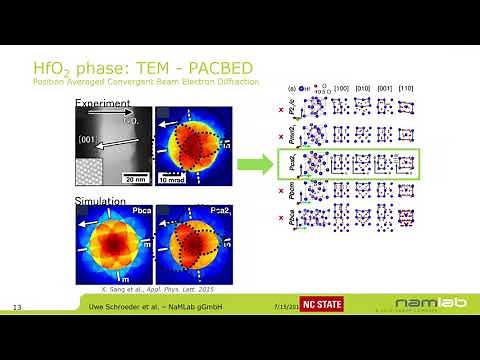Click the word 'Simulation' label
pyautogui.click(x=99, y=201)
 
